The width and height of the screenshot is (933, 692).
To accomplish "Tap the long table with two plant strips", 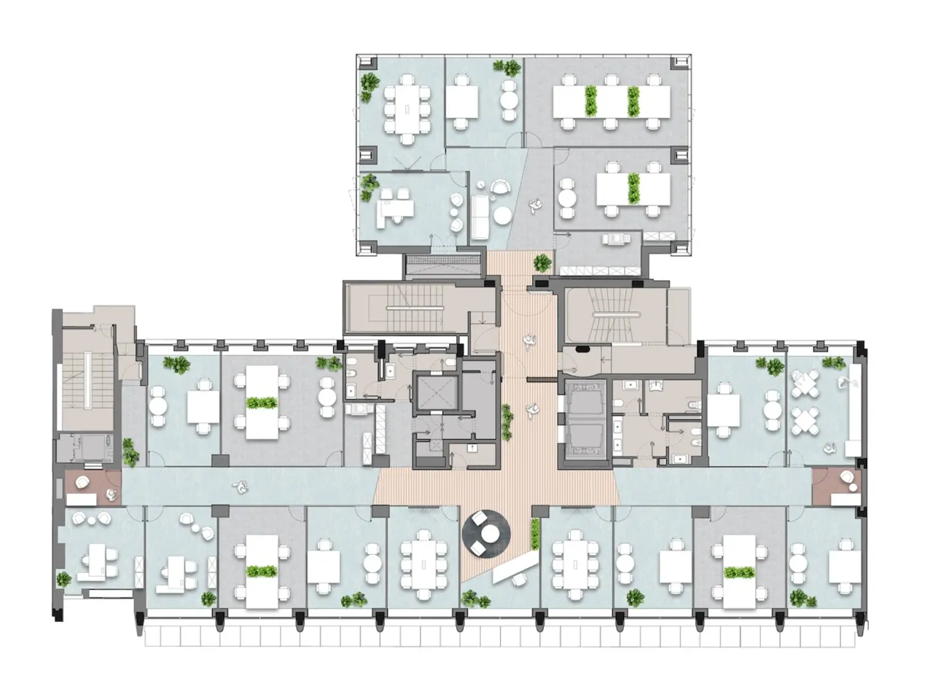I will (612, 102).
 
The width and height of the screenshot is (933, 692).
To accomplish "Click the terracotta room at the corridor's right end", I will (837, 486).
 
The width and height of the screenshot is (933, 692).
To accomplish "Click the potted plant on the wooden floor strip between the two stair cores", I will (542, 263).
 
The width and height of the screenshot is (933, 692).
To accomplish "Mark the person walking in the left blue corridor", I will (237, 486).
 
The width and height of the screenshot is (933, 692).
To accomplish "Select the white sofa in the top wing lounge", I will (480, 216).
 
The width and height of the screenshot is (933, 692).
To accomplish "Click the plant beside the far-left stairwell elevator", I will (130, 452).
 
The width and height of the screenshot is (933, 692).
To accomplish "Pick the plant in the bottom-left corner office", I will (64, 580).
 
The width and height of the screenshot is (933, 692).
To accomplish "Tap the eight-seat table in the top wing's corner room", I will (408, 108).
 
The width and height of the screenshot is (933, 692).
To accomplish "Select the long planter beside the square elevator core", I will (506, 421).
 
